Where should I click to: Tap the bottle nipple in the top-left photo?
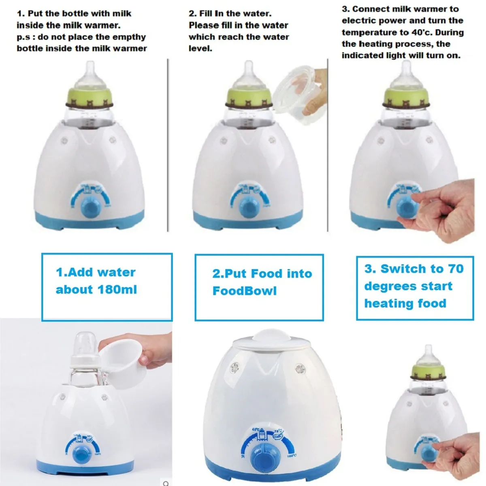coord(90,72)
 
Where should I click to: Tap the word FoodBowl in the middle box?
coord(245,291)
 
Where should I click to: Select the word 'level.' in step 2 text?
coord(200,49)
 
